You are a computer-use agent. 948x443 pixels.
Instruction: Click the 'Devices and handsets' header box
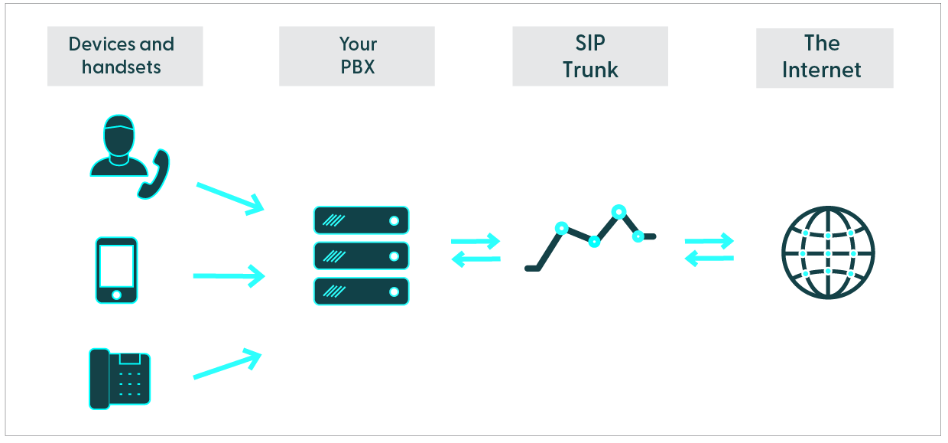click(125, 56)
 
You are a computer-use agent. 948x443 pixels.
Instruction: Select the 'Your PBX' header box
click(357, 56)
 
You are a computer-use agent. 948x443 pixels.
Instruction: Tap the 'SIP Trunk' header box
click(589, 56)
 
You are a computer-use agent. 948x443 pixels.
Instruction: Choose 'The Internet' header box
click(824, 57)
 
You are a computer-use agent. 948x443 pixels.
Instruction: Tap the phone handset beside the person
click(154, 174)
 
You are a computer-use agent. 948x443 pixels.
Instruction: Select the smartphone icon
click(116, 270)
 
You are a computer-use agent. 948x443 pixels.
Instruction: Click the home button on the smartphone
click(116, 295)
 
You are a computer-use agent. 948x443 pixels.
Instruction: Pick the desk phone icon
click(120, 378)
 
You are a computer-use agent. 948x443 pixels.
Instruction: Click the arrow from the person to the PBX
click(229, 198)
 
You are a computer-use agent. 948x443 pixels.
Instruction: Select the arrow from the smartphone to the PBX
click(229, 275)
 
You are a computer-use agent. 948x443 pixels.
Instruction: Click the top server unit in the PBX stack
click(361, 220)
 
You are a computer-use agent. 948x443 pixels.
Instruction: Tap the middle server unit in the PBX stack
click(361, 256)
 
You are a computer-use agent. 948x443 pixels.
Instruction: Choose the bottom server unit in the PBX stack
click(361, 292)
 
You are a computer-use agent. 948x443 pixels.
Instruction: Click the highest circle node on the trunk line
click(618, 210)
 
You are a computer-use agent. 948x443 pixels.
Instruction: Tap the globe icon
click(828, 252)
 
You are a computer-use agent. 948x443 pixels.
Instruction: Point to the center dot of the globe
click(828, 252)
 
